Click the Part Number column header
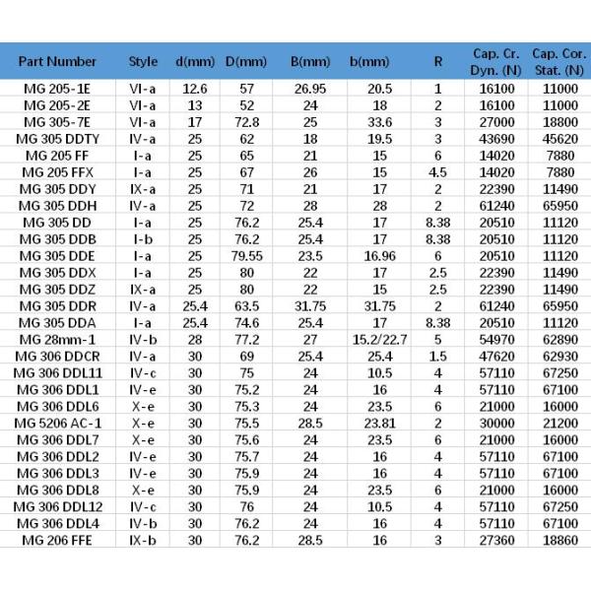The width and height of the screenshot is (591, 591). tap(57, 61)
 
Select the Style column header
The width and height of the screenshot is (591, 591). tap(143, 61)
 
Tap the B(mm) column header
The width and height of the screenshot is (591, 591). tap(310, 61)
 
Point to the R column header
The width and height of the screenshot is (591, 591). tap(437, 61)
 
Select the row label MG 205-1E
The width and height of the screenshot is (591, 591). tap(57, 88)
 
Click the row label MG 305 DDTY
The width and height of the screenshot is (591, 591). tap(57, 140)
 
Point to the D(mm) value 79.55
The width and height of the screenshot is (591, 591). tap(247, 255)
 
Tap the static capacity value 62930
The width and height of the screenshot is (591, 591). tap(558, 357)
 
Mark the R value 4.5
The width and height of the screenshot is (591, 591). tap(437, 172)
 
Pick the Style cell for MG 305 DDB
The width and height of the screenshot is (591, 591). tap(143, 238)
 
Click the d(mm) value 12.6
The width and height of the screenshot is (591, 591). tap(195, 88)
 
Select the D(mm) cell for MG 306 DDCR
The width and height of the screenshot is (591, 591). tap(247, 357)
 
